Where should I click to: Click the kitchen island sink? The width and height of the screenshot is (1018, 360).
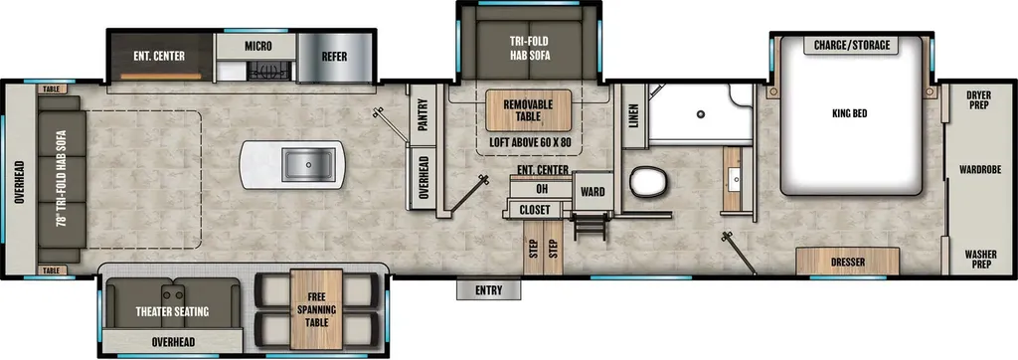(x=308, y=164)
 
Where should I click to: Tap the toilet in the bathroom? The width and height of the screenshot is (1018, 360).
(x=648, y=181)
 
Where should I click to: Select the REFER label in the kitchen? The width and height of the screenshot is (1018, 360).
(x=334, y=57)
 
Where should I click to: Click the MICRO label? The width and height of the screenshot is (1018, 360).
(x=257, y=46)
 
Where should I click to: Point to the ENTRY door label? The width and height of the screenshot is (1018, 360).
(x=488, y=290)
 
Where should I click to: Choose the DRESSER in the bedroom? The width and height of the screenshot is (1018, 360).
(x=848, y=262)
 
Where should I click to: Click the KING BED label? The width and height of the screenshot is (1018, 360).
(x=850, y=113)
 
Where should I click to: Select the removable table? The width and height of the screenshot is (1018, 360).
(x=529, y=110)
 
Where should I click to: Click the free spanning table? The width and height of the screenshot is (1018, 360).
(x=316, y=309)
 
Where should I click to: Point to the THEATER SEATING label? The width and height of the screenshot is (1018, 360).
(x=172, y=312)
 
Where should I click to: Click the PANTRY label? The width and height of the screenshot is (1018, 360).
(x=423, y=115)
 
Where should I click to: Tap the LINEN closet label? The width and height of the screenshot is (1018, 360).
(x=634, y=115)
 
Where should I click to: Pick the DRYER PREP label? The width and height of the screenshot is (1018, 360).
(x=978, y=99)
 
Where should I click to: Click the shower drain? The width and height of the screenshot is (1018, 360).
(x=701, y=114)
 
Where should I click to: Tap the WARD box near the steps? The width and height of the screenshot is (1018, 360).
(x=593, y=191)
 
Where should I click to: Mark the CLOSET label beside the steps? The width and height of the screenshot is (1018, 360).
(x=534, y=210)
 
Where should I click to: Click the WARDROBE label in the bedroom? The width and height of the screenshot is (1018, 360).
(x=980, y=170)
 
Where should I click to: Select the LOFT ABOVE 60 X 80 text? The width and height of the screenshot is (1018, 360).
(x=529, y=142)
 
